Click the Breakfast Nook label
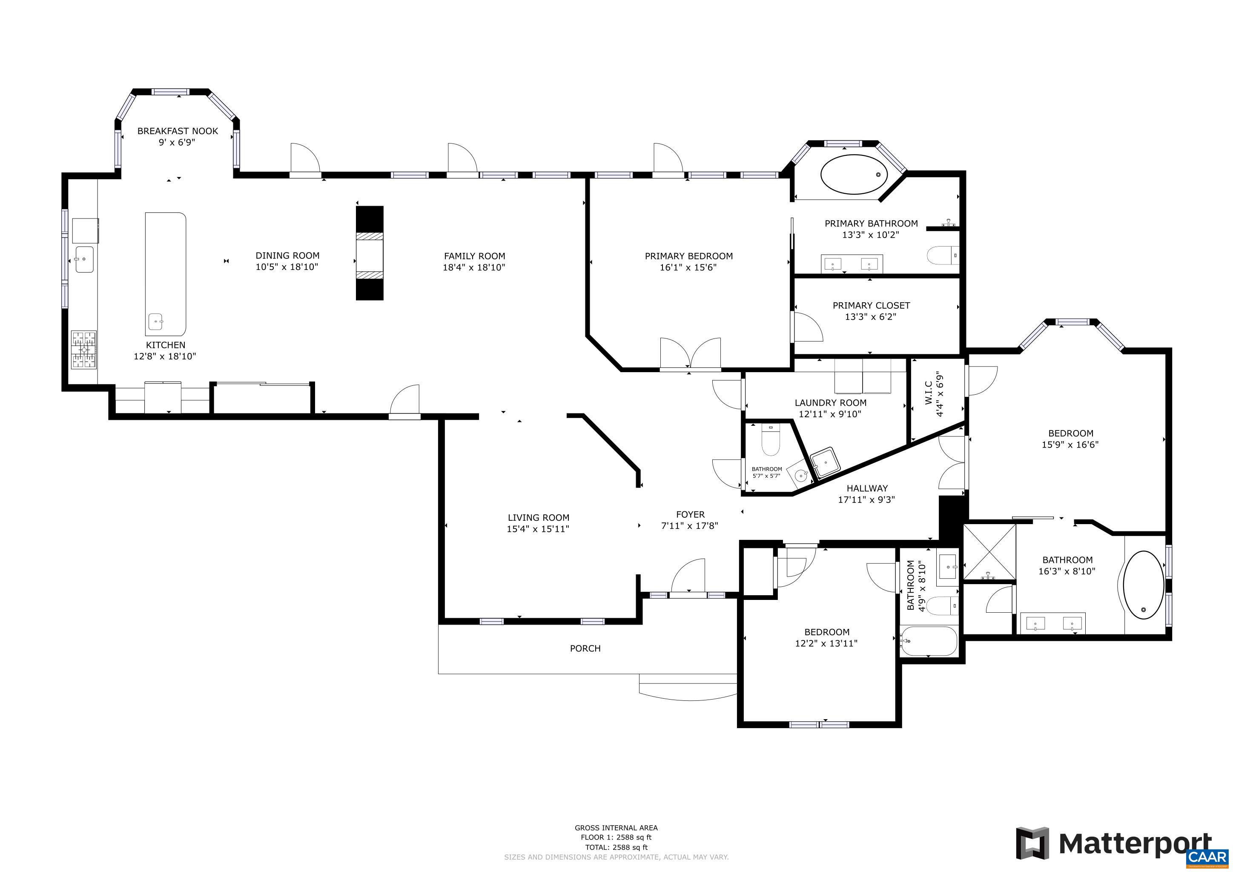click(178, 131)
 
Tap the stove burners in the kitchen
click(84, 350)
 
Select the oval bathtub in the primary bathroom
click(854, 175)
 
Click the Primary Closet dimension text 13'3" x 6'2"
click(871, 317)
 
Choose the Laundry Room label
click(830, 403)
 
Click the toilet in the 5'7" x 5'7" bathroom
click(770, 440)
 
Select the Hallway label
click(867, 488)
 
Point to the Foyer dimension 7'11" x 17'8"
click(690, 526)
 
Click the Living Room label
click(538, 518)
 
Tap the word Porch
click(585, 648)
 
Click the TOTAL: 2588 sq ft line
click(616, 847)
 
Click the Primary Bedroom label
click(688, 256)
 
